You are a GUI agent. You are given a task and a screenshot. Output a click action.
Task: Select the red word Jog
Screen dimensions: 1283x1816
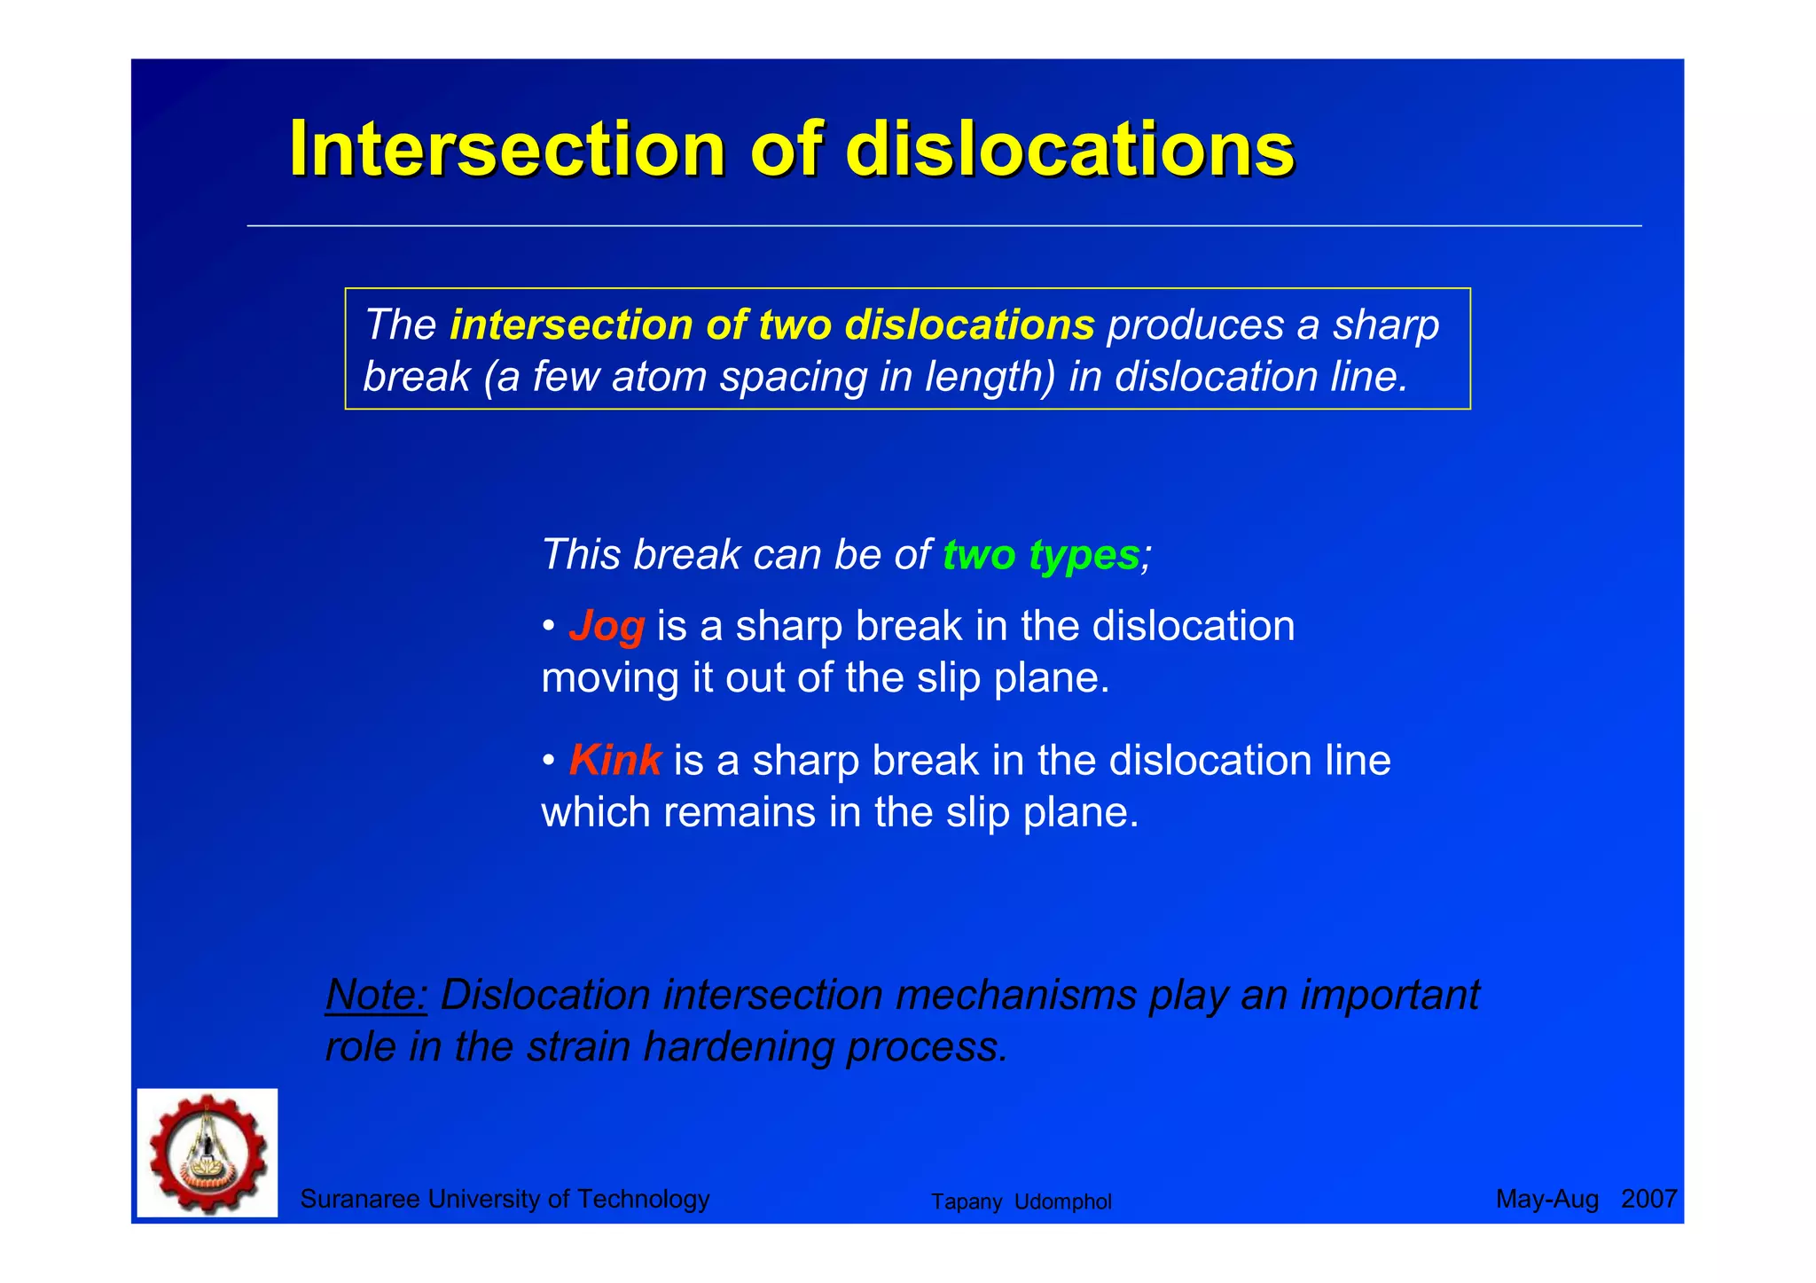tap(607, 626)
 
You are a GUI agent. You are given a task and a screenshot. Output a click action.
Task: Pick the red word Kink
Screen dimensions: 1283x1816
tap(614, 761)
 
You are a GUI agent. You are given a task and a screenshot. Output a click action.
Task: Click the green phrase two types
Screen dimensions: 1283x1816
tap(1040, 555)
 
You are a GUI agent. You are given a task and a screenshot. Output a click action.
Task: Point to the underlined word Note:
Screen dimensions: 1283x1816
tap(377, 995)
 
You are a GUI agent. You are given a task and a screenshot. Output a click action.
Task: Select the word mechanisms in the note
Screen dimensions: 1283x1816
tap(1015, 995)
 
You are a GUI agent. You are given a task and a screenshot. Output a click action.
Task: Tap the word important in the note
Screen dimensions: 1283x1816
tap(1389, 995)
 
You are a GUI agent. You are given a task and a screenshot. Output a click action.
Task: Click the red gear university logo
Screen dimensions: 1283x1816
tap(207, 1153)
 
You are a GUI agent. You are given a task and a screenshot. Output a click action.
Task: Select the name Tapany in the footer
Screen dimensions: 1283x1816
tap(966, 1202)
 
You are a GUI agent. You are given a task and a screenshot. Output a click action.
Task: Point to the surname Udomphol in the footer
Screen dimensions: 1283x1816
tap(1062, 1202)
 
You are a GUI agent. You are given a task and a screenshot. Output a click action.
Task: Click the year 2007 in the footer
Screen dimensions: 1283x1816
tap(1648, 1200)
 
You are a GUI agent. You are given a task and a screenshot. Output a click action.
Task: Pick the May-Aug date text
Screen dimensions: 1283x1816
tap(1546, 1200)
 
